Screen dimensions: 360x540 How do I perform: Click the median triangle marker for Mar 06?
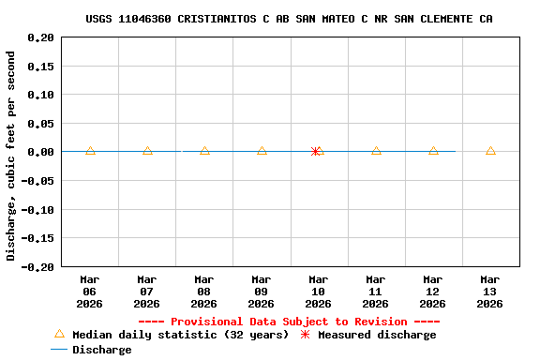pos(90,151)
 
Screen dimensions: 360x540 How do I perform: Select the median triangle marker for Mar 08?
pos(204,151)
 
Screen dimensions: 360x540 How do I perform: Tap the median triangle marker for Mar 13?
pos(490,151)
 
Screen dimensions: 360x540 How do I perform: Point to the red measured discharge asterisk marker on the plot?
pos(316,151)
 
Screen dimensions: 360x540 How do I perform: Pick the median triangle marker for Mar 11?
pos(376,151)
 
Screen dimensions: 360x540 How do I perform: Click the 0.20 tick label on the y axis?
pos(40,37)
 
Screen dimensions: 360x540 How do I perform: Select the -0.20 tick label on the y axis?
pos(37,266)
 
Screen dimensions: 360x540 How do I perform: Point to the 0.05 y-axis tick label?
pos(40,123)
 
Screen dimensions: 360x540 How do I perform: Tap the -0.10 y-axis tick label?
pos(37,209)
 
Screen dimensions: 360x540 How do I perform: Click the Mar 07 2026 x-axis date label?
pos(147,291)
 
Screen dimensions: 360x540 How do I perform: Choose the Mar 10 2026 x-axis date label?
pos(319,291)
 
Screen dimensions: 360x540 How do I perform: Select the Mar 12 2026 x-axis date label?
pos(433,291)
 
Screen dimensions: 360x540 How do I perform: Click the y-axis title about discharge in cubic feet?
pos(11,156)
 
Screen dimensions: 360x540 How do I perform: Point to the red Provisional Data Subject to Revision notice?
pos(290,322)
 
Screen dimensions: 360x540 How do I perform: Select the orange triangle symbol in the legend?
pos(59,334)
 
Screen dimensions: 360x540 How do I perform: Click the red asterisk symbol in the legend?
pos(305,335)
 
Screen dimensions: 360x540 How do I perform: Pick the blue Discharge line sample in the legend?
pos(59,350)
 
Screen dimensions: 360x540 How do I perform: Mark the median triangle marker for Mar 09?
pos(262,151)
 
